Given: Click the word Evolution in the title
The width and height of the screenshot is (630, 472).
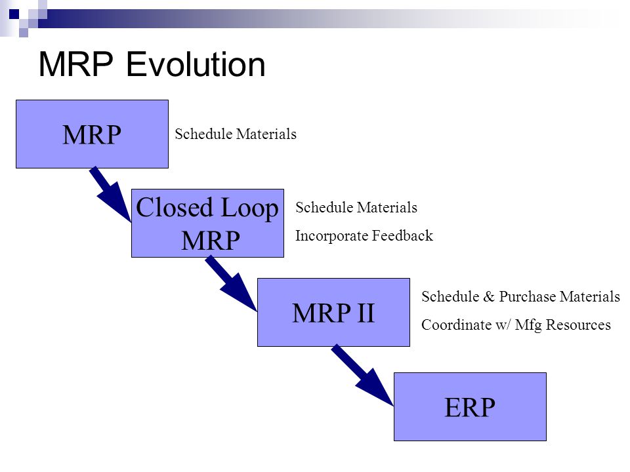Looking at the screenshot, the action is (x=196, y=64).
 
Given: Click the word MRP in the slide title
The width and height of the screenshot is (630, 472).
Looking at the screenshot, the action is (x=76, y=64).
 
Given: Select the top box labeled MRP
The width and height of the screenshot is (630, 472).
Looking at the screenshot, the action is (x=92, y=134).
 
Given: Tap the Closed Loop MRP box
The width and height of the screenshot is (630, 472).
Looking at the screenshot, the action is (x=208, y=223).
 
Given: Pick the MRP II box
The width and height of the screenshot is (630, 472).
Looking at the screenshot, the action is (x=333, y=312).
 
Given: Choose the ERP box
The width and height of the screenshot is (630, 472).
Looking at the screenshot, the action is (x=470, y=406).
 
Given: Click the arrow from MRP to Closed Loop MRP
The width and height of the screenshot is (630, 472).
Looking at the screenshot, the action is (x=110, y=194).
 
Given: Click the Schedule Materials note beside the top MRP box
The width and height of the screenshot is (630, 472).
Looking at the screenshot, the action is (x=236, y=134).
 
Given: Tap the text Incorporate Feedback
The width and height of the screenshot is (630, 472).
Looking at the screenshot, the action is (x=364, y=235).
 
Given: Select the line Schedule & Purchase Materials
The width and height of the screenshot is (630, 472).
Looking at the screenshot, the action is (x=520, y=296).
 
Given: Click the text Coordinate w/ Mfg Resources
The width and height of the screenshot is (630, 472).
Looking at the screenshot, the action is (x=516, y=324).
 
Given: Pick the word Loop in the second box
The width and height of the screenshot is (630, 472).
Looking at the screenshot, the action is (x=249, y=208).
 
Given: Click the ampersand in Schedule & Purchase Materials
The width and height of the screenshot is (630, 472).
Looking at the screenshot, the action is (x=489, y=297).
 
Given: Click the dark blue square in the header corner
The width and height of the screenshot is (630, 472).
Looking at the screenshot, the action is (x=14, y=14).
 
